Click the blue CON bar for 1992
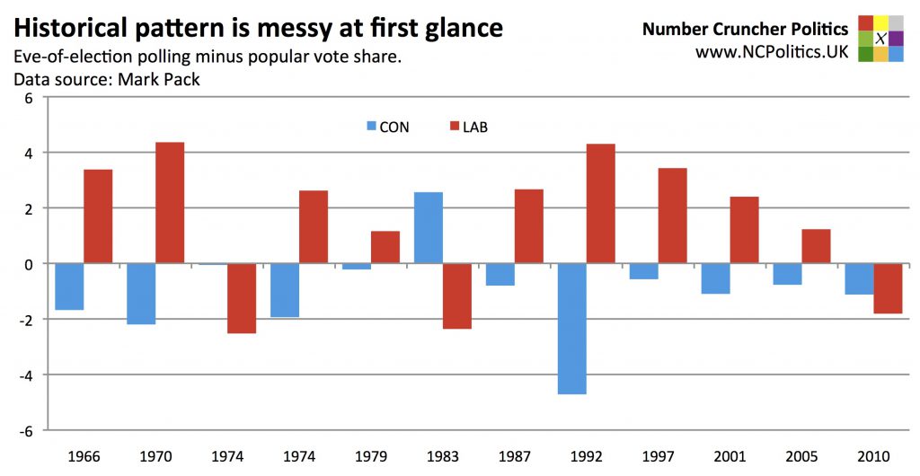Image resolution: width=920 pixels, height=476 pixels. (571, 329)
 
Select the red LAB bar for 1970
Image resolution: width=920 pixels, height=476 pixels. (169, 203)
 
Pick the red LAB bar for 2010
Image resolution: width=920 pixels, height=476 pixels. (887, 288)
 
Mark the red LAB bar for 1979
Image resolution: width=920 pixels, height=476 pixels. (385, 247)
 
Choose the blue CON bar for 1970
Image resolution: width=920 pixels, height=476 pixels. (141, 294)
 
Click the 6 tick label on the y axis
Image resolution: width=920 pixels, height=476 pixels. (28, 98)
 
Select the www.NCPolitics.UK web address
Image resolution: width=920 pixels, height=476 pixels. (772, 52)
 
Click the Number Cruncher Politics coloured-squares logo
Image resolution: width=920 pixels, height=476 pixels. (880, 38)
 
